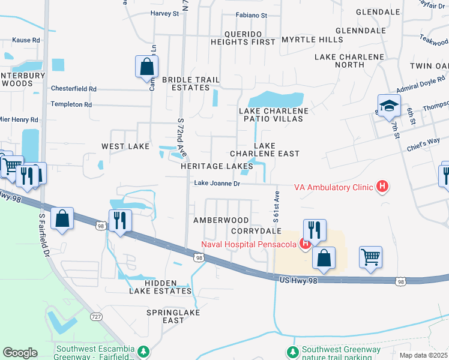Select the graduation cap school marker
[x=388, y=106]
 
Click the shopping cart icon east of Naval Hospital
[x=370, y=257]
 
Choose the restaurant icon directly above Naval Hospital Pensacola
[x=314, y=230]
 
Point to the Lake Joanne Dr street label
[x=217, y=184]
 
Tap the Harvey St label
[x=165, y=13]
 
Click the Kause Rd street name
[x=26, y=40]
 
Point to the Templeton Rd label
[x=71, y=104]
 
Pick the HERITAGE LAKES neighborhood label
[x=217, y=166]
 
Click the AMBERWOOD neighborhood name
[x=220, y=221]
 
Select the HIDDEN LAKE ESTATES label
[x=160, y=287]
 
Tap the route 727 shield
[x=97, y=316]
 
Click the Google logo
[x=20, y=352]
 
